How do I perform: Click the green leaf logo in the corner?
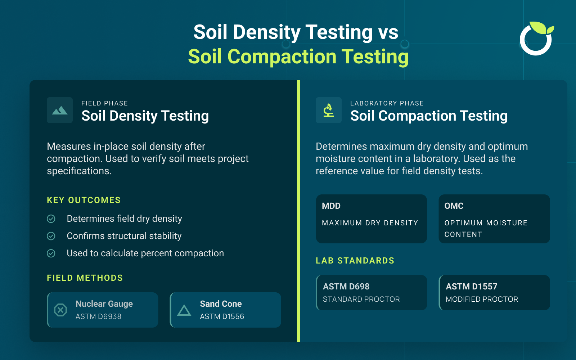[536, 39]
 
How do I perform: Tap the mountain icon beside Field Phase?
[60, 110]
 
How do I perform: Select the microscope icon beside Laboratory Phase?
[328, 110]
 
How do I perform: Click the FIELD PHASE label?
[104, 103]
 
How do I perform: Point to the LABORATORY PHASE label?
[387, 103]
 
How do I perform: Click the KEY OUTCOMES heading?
[84, 200]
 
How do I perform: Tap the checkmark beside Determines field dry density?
[51, 219]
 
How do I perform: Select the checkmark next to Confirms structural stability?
[51, 236]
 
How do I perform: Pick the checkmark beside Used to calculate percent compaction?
[51, 253]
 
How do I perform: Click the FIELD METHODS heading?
[85, 278]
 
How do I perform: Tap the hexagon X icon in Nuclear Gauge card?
[60, 310]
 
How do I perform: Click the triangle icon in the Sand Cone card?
[184, 310]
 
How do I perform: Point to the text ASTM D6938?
[98, 316]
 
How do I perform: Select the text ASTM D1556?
[222, 316]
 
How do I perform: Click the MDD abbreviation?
[331, 206]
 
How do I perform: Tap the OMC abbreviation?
[454, 206]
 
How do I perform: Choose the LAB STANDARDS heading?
[355, 261]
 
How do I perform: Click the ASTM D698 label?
[346, 287]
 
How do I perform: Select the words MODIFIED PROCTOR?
[482, 299]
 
